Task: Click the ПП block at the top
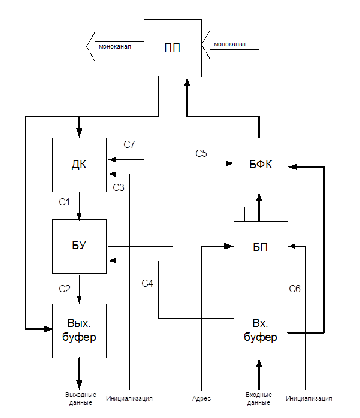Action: [172, 48]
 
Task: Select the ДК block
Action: [79, 165]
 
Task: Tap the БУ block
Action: [79, 246]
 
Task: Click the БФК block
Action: [261, 165]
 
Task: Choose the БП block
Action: [261, 247]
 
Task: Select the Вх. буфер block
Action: [261, 331]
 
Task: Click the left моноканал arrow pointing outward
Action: [115, 46]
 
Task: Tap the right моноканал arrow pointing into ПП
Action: [231, 44]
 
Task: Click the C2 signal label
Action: [65, 289]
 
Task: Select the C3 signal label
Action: [119, 188]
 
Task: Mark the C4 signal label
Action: [147, 283]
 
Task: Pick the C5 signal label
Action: [201, 154]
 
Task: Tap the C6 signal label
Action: [294, 289]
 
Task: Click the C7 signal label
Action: [129, 144]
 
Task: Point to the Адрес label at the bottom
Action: [202, 398]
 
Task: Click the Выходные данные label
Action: [78, 399]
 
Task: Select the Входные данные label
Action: [259, 399]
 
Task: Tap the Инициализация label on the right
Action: [309, 398]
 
